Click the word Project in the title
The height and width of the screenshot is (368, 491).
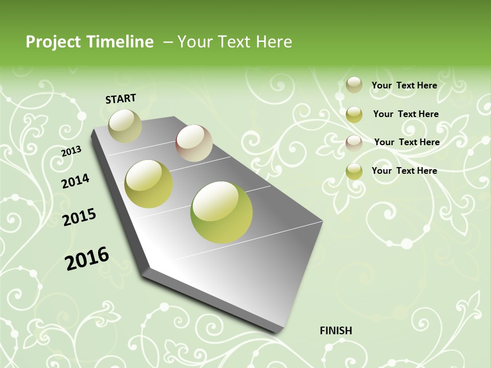click(x=53, y=42)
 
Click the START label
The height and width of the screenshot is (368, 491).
click(x=121, y=99)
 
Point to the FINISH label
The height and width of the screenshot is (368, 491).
click(x=336, y=331)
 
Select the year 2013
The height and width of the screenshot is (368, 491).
click(x=72, y=151)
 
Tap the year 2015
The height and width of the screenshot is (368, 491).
click(x=79, y=217)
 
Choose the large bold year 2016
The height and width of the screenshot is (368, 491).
click(x=87, y=259)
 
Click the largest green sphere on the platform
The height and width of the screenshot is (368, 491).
click(x=221, y=212)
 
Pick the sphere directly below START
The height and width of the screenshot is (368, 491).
click(x=125, y=126)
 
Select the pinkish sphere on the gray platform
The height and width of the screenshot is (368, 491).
click(x=194, y=143)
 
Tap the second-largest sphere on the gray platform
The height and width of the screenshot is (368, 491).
click(x=149, y=184)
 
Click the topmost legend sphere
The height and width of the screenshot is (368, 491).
click(x=354, y=85)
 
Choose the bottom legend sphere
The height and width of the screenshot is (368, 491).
click(x=354, y=171)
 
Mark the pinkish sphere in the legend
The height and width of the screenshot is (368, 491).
click(x=354, y=143)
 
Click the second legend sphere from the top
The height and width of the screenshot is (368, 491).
click(x=354, y=114)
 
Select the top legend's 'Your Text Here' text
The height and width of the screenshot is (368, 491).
click(x=404, y=85)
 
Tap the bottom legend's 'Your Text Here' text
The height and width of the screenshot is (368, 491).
click(x=404, y=171)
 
